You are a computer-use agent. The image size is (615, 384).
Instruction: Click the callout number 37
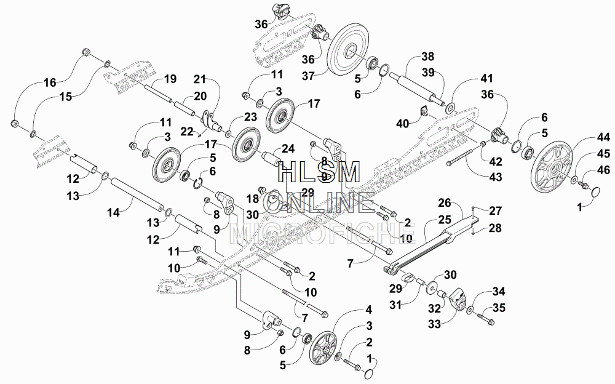click(308, 76)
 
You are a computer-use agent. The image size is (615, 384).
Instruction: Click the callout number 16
click(50, 82)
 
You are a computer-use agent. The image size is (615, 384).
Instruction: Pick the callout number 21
click(200, 79)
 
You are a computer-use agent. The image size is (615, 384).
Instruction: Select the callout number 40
click(403, 124)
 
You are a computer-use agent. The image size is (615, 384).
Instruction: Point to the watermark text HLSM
click(319, 173)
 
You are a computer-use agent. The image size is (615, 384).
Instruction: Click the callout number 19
click(170, 79)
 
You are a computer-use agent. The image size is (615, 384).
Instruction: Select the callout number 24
click(288, 149)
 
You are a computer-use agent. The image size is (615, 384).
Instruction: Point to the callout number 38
click(427, 57)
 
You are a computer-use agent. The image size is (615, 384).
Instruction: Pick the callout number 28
click(495, 228)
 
